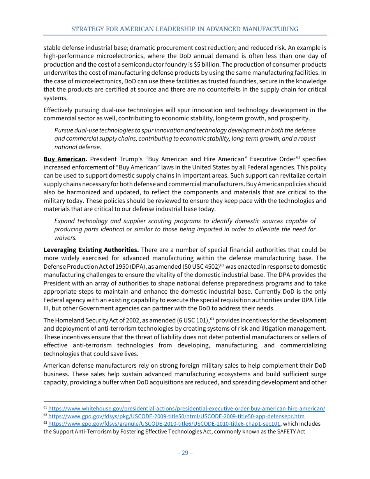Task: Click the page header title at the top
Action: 185,29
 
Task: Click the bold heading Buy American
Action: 65,159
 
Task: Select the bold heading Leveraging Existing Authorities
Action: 90,250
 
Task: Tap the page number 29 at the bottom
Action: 185,453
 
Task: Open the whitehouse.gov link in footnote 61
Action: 187,409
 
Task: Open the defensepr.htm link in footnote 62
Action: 176,416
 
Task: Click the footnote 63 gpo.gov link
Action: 164,424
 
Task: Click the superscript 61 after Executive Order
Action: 298,157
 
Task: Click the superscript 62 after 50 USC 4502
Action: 222,265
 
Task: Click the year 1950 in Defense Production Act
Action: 107,266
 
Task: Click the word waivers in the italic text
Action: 65,238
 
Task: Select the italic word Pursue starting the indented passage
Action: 65,130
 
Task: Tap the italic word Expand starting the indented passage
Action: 65,221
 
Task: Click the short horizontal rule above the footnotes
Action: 86,401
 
